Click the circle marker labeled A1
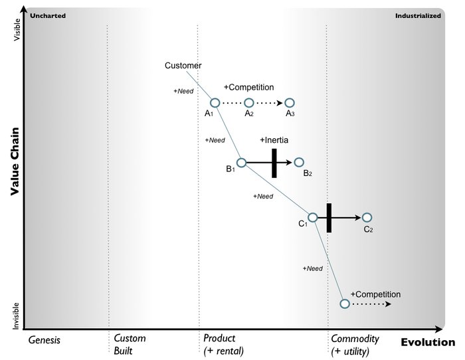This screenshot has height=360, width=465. click(x=215, y=103)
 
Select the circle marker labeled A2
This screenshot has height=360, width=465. click(x=249, y=103)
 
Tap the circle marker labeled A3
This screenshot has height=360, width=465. click(x=290, y=103)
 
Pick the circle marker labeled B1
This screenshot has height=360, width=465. click(x=242, y=163)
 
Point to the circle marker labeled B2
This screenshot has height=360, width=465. click(x=299, y=163)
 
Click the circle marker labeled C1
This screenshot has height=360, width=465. click(x=313, y=217)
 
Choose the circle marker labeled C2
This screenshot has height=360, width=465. click(x=367, y=217)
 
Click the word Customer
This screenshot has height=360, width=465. click(x=183, y=66)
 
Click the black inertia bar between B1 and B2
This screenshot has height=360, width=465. click(x=274, y=163)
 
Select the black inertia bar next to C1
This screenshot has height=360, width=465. click(x=328, y=217)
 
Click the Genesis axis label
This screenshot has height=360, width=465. click(x=45, y=339)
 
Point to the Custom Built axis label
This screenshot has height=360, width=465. click(x=130, y=345)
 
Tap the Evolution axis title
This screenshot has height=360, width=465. click(x=428, y=342)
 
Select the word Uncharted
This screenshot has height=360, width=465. click(x=48, y=15)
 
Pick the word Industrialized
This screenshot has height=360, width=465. click(x=418, y=15)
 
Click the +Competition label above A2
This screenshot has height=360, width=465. click(x=248, y=87)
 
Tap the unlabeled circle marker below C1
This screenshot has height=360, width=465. click(x=344, y=304)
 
